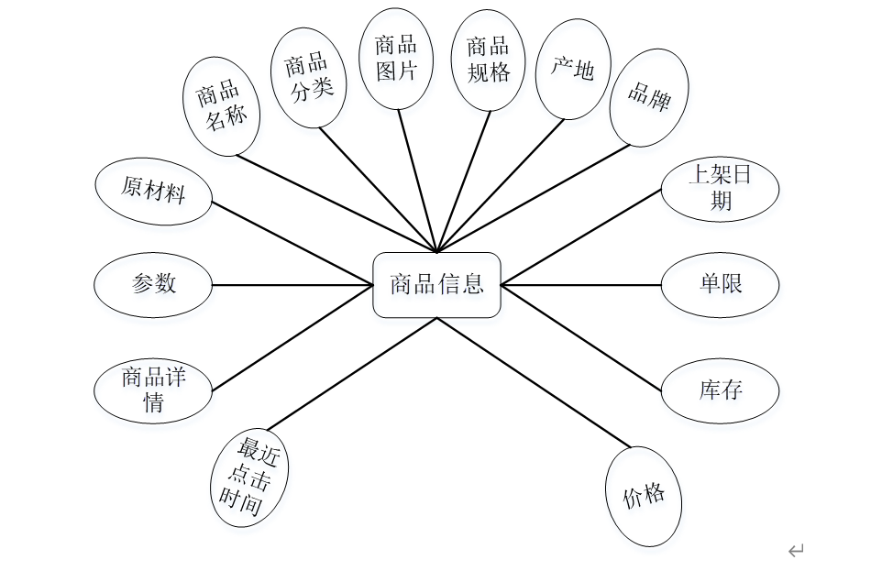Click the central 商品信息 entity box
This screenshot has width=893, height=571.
(436, 285)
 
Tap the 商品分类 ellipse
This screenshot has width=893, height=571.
(309, 78)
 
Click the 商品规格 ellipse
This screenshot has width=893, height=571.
(489, 60)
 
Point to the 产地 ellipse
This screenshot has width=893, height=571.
(572, 69)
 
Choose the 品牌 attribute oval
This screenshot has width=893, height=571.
(649, 97)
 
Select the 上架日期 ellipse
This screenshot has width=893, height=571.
(720, 189)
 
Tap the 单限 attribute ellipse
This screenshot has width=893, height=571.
(720, 285)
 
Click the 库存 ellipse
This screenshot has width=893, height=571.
(720, 391)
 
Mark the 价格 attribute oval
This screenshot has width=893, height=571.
(645, 497)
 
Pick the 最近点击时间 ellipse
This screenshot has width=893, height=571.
(249, 477)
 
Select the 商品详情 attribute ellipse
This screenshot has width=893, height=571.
(153, 390)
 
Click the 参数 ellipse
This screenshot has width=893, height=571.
(153, 285)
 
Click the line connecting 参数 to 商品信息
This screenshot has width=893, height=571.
(293, 285)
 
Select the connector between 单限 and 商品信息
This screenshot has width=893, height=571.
(581, 285)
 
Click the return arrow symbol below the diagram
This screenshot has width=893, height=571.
(795, 551)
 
